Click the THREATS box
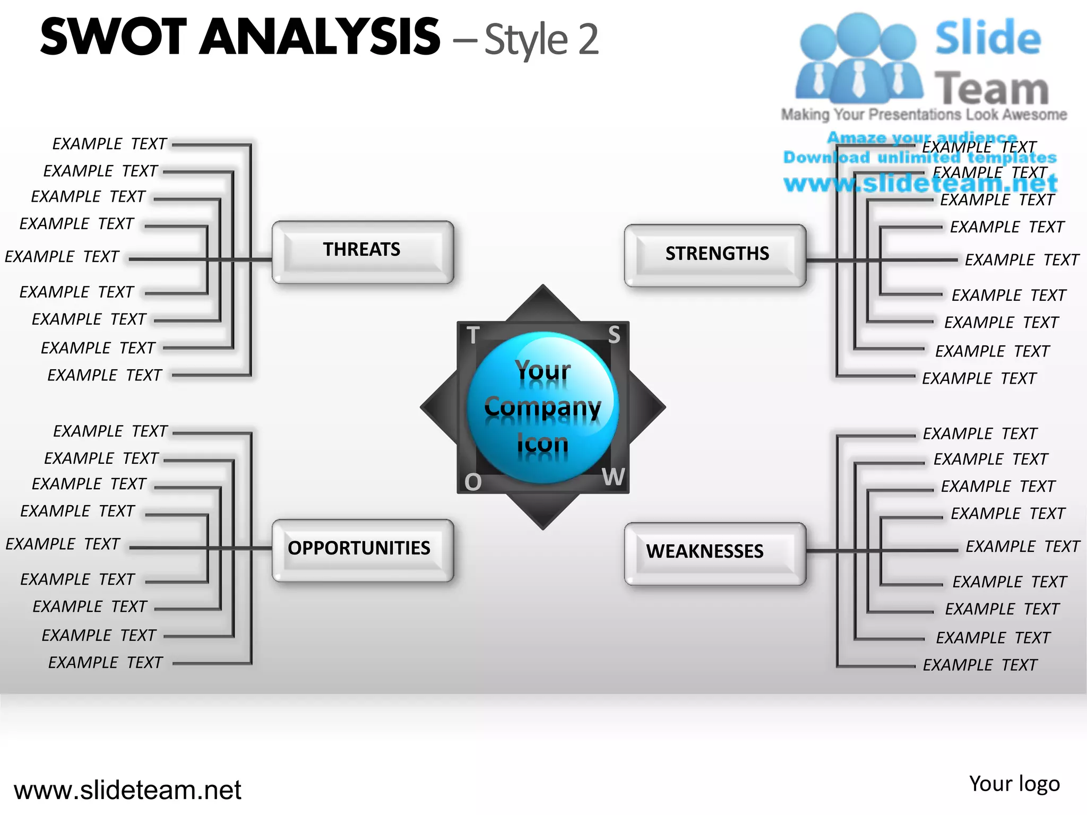point(363,252)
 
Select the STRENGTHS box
point(715,255)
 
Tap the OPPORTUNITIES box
point(363,550)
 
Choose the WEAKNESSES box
point(715,553)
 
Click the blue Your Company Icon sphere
point(542,407)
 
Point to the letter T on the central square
point(473,335)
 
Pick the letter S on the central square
point(614,335)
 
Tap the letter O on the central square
point(473,482)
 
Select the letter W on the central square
point(614,477)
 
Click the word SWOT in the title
point(114,37)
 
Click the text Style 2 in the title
point(541,40)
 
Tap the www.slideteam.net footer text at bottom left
point(127,790)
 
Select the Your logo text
point(1014,784)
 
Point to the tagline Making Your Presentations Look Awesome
point(924,115)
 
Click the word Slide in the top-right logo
point(988,38)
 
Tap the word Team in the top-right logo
point(991,88)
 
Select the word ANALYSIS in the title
point(320,37)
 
